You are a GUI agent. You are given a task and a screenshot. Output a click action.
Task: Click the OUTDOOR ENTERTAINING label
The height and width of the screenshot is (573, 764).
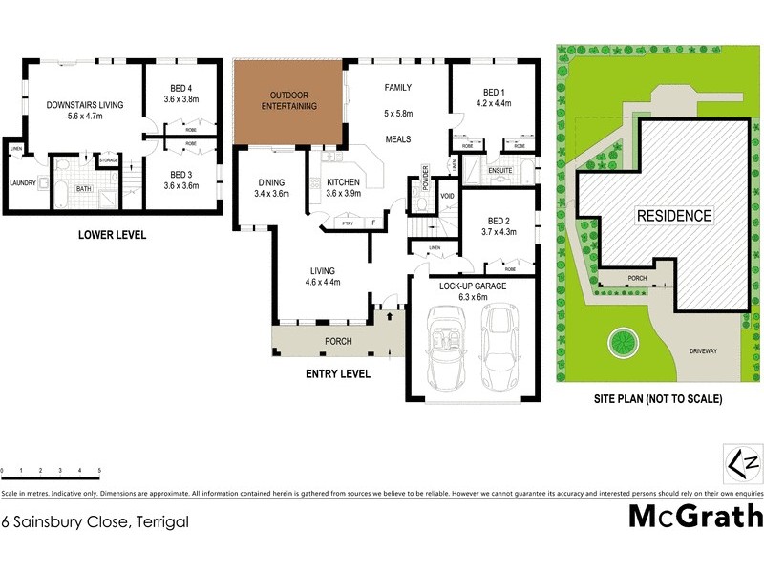293,100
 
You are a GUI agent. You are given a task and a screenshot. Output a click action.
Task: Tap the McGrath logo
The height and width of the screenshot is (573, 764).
695,517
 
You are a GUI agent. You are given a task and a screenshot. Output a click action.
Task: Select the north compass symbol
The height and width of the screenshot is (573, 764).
745,462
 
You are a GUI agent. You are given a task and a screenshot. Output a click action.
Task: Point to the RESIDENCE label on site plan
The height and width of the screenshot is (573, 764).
674,216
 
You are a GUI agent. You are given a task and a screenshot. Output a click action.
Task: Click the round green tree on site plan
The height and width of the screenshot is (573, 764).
621,341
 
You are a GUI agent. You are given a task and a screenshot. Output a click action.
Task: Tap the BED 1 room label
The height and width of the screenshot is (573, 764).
493,92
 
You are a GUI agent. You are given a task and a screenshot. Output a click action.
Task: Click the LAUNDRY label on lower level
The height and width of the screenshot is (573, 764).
22,183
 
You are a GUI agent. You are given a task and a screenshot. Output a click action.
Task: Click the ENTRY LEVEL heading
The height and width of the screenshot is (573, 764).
337,374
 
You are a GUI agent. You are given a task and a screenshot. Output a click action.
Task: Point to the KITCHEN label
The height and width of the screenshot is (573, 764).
344,181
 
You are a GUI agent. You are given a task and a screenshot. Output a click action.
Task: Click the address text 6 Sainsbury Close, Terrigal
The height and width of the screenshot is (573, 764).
95,521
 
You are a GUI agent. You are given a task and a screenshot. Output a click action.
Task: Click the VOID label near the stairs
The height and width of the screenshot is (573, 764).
447,196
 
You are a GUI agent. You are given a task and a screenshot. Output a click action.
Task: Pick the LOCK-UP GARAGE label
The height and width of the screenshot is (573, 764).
472,286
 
